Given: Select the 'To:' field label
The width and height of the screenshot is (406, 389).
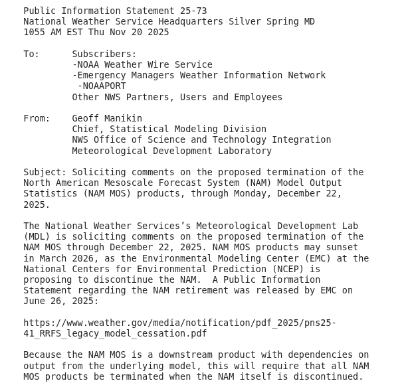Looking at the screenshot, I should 31,54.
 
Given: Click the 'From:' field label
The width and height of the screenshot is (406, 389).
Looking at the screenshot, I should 37,118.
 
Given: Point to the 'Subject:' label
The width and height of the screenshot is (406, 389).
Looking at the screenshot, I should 45,172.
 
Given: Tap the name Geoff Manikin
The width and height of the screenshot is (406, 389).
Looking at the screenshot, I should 107,118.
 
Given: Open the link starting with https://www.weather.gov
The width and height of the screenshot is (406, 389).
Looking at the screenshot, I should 179,323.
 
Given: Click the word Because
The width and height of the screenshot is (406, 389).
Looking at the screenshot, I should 45,355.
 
